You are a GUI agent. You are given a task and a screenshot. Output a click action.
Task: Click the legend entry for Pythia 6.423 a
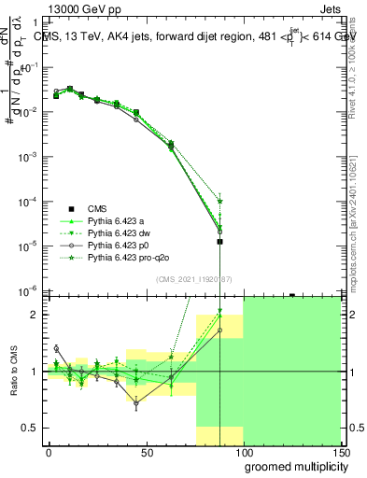122,219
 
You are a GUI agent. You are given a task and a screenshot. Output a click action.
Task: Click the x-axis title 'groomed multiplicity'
291,465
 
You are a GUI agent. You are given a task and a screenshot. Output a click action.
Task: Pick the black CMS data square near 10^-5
219,242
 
